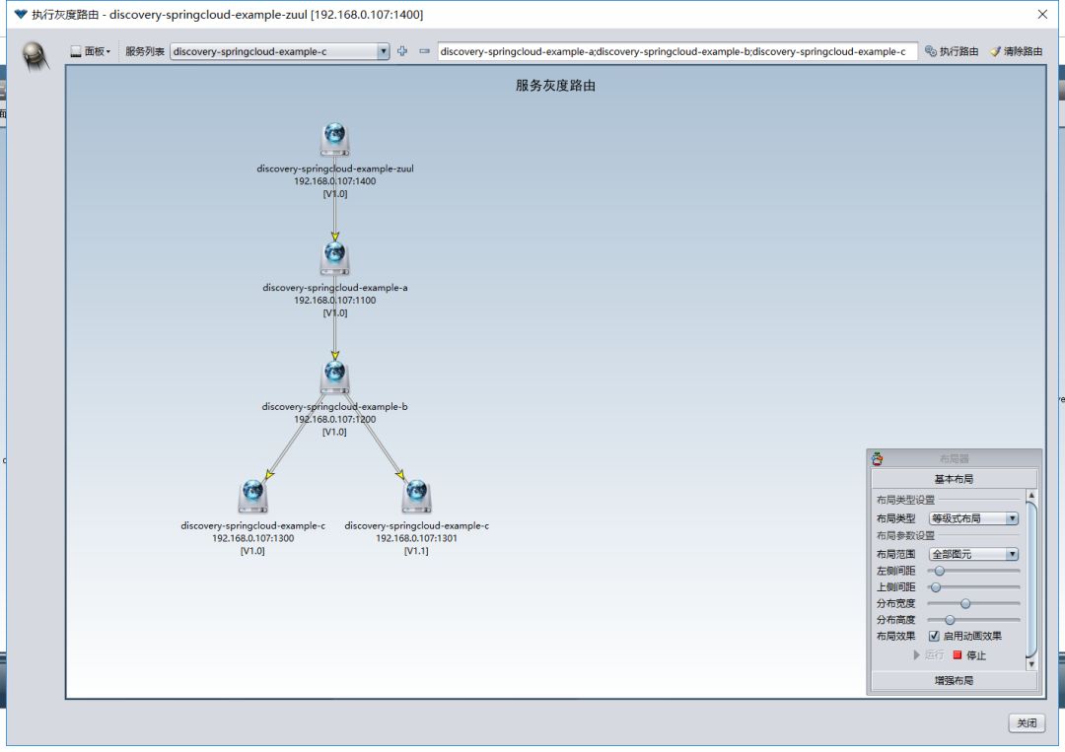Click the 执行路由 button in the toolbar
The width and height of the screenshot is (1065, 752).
(x=952, y=51)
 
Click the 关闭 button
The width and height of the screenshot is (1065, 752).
(x=1027, y=722)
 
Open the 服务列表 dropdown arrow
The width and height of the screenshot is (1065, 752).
(x=383, y=51)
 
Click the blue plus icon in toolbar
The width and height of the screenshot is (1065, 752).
(x=402, y=51)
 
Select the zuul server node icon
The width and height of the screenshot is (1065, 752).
(x=335, y=139)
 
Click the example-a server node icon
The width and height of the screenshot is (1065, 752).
(x=335, y=258)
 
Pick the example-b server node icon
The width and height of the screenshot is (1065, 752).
(x=335, y=376)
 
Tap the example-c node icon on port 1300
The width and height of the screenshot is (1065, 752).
(x=252, y=496)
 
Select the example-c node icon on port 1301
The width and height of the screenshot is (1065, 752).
(x=416, y=496)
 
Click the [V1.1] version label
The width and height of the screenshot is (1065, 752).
(x=416, y=551)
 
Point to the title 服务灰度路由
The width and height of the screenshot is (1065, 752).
(x=555, y=86)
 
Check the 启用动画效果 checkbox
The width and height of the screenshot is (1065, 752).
(x=934, y=636)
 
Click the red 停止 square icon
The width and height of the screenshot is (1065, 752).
(x=957, y=655)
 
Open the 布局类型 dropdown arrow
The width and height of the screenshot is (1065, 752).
(x=1012, y=518)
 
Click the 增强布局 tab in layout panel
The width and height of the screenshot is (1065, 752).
(x=954, y=680)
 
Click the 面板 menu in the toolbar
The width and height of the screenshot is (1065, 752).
(x=91, y=51)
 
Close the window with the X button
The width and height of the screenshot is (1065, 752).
(x=1042, y=14)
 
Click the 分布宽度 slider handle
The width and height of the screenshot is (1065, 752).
(x=965, y=603)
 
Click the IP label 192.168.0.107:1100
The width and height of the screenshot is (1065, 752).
(x=335, y=300)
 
